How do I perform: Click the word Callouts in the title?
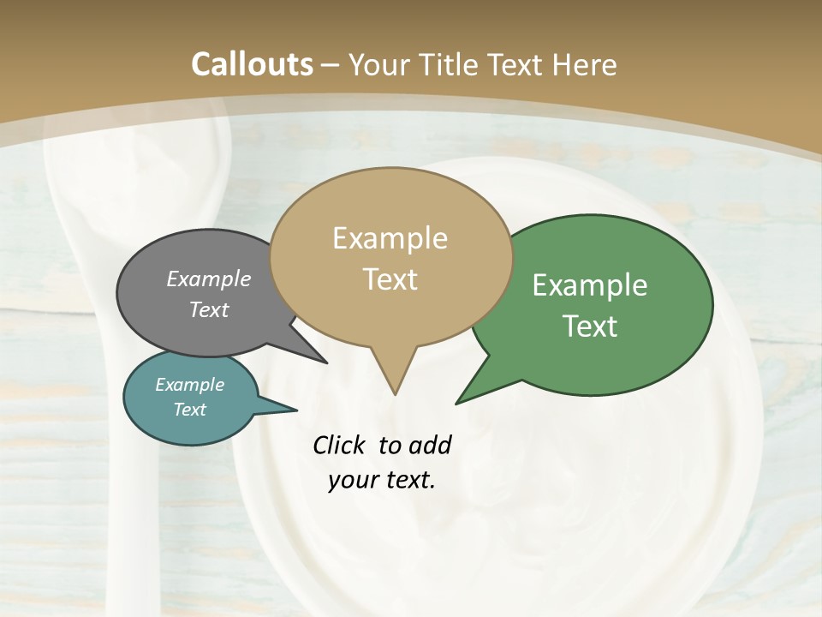[252, 64]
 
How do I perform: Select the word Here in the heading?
[585, 64]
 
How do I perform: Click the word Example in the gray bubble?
[209, 279]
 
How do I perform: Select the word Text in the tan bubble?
[390, 279]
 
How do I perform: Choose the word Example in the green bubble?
[590, 285]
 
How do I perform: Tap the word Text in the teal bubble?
[190, 410]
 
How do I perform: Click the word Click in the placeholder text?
[341, 445]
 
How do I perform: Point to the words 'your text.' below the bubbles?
[382, 480]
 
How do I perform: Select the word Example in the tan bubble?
[390, 238]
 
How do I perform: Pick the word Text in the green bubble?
[590, 326]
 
